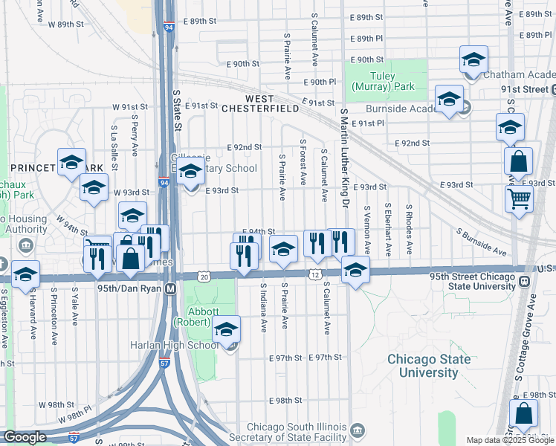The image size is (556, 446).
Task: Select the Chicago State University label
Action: [429, 366]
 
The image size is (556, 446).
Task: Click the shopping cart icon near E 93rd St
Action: [520, 198]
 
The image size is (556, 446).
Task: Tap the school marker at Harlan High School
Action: [226, 329]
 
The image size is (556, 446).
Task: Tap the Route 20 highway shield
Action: [204, 276]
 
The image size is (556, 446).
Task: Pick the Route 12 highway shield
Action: [315, 276]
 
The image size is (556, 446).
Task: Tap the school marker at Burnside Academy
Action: [449, 99]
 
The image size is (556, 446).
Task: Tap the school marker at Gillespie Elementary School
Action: [190, 171]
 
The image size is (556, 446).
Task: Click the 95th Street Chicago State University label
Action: [472, 282]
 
